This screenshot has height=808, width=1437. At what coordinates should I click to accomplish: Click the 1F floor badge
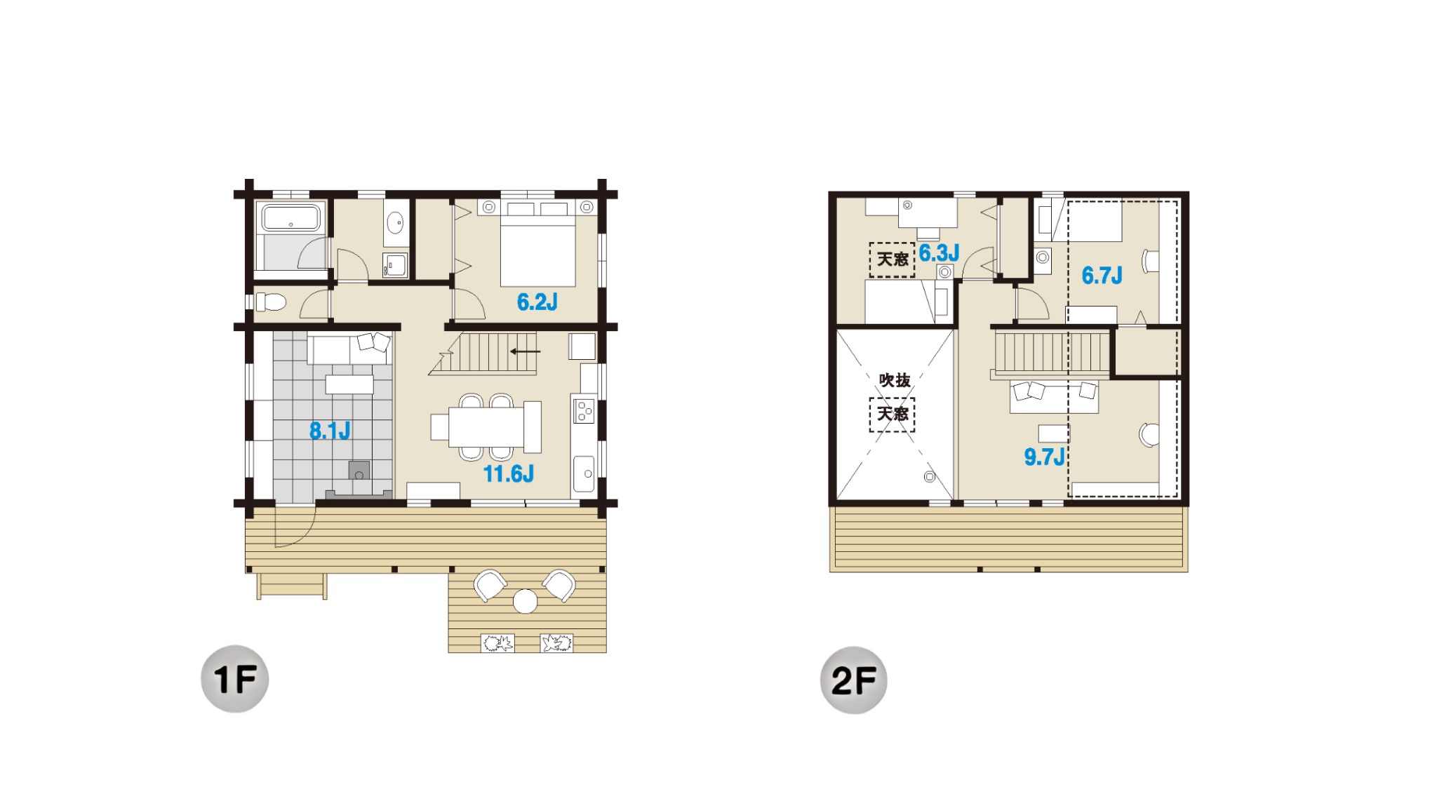[x=235, y=679]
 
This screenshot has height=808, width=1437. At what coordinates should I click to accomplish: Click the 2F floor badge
[x=854, y=680]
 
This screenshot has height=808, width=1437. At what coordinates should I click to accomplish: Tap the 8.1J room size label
[x=330, y=431]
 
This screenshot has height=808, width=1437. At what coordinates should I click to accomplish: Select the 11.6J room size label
[x=509, y=474]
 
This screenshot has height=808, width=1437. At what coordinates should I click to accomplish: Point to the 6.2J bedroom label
[x=537, y=302]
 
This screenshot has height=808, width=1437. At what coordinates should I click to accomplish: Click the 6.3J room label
[x=940, y=253]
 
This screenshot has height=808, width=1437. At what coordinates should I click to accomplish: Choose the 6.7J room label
[x=1102, y=276]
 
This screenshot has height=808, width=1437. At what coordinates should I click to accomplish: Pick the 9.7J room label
[x=1045, y=457]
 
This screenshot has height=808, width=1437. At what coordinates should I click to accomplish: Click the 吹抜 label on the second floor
[x=895, y=380]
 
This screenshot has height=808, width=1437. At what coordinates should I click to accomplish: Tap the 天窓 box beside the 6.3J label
[x=893, y=260]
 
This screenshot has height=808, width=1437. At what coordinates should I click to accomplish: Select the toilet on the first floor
[x=271, y=302]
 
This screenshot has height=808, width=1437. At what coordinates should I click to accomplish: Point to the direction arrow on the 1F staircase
[x=525, y=351]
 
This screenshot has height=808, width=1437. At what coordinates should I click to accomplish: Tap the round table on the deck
[x=525, y=602]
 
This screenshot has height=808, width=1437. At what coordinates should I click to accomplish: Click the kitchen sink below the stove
[x=584, y=474]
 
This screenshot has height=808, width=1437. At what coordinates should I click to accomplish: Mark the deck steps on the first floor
[x=292, y=586]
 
